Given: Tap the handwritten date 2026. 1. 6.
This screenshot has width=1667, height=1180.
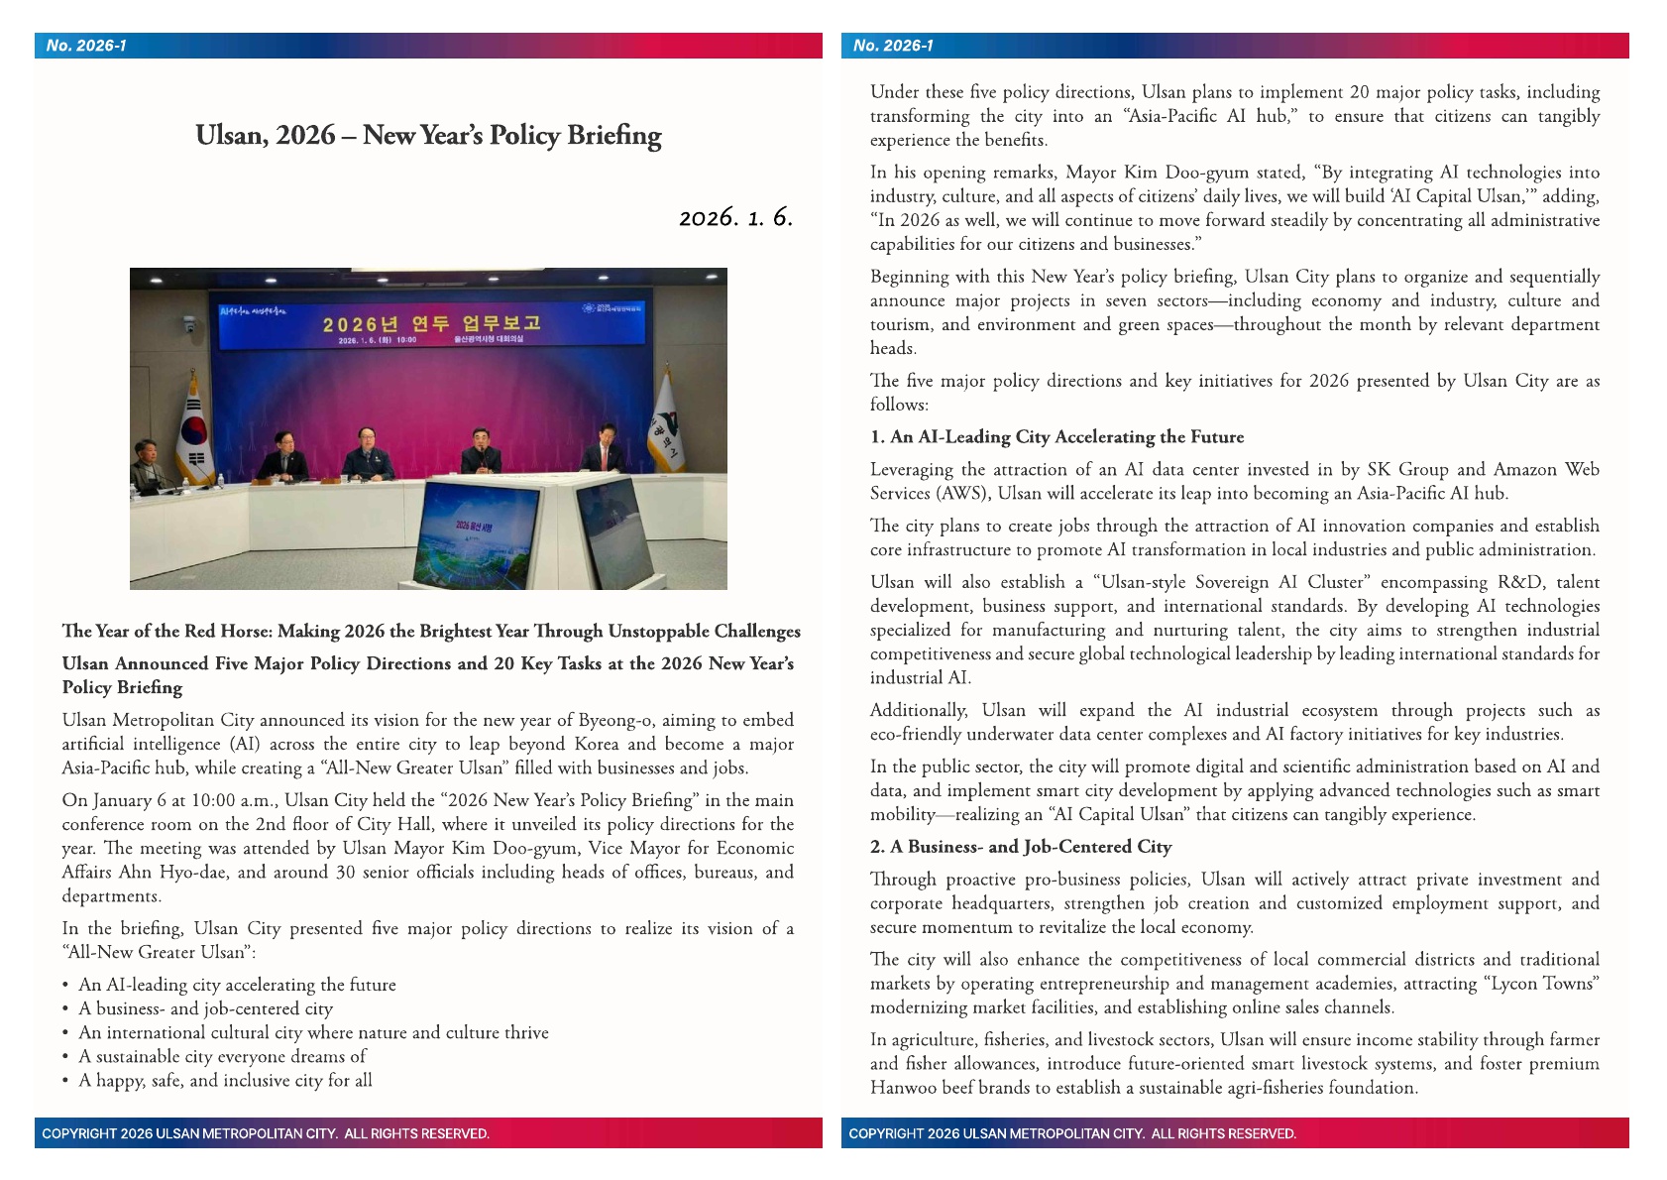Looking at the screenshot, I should click(735, 217).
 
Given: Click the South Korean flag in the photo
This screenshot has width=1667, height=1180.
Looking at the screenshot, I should click(194, 433).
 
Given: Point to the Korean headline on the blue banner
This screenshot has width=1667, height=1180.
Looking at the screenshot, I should click(431, 323).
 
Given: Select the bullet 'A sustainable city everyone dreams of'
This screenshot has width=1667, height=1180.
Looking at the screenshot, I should click(222, 1056).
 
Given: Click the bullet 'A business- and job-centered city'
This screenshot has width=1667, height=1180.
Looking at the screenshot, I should click(205, 1008).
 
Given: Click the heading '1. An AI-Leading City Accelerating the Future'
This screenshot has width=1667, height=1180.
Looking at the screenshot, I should click(1056, 437).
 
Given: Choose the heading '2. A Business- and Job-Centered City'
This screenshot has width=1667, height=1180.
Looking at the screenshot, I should click(1021, 847).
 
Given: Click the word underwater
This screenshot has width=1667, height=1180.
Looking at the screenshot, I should click(1012, 734).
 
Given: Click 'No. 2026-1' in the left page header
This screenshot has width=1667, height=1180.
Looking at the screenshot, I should click(86, 46).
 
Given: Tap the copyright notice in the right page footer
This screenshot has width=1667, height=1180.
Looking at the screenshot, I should click(1071, 1133).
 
